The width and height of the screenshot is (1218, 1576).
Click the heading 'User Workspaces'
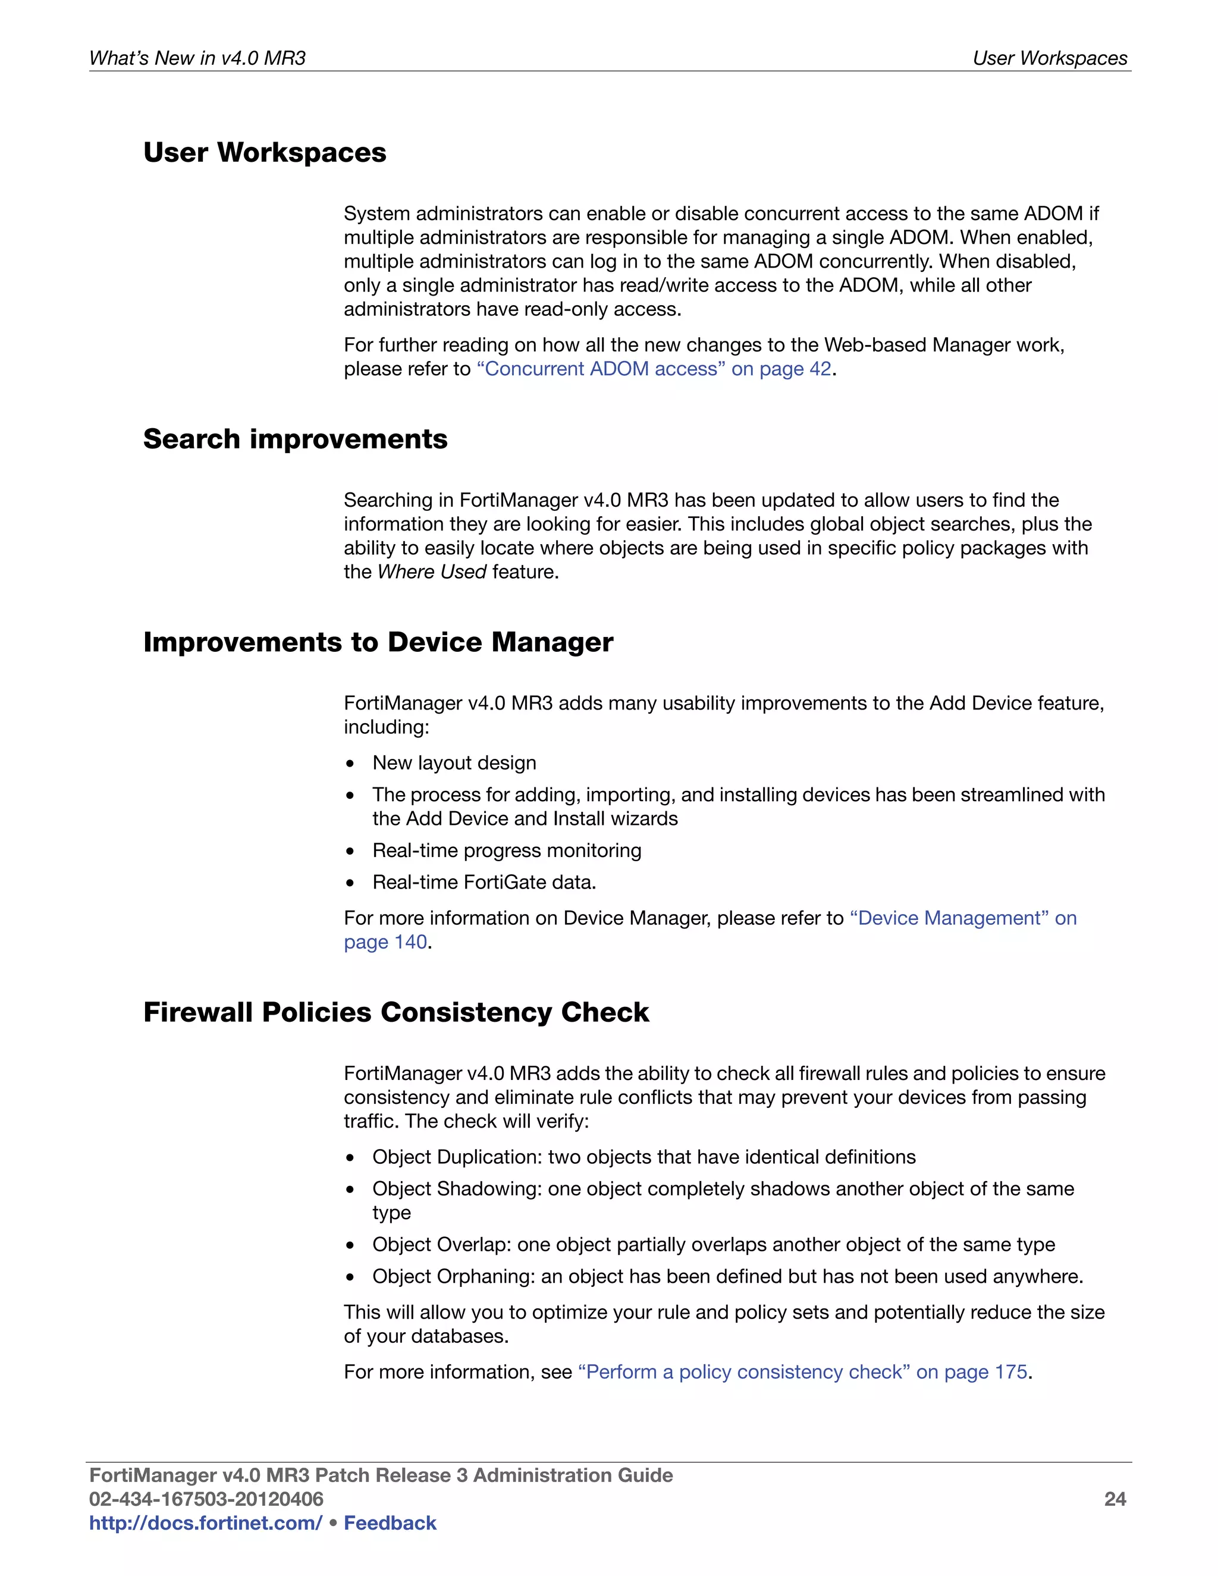coord(264,153)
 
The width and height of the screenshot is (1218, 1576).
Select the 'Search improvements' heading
coord(295,439)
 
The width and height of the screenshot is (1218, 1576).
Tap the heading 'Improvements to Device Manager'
coord(378,642)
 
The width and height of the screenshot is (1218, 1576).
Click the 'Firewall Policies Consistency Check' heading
coord(396,1012)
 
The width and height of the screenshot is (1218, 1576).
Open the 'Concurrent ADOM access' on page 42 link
coord(654,369)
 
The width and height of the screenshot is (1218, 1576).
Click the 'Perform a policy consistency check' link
coord(802,1372)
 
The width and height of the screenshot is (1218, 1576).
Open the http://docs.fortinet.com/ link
coord(206,1522)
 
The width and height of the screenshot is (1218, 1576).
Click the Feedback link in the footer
coord(390,1522)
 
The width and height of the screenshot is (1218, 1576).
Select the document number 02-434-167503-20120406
coord(206,1499)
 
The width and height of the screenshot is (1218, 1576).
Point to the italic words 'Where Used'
coord(432,572)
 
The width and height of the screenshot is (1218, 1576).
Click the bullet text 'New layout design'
coord(454,763)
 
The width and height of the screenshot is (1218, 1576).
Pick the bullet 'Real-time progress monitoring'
coord(507,851)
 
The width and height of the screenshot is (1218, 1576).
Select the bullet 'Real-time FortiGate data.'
coord(484,883)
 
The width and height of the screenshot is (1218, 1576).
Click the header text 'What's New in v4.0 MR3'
coord(197,58)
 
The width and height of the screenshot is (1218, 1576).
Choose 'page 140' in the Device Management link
coord(385,943)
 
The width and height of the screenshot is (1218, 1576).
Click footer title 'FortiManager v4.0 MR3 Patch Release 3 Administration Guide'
coord(380,1475)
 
